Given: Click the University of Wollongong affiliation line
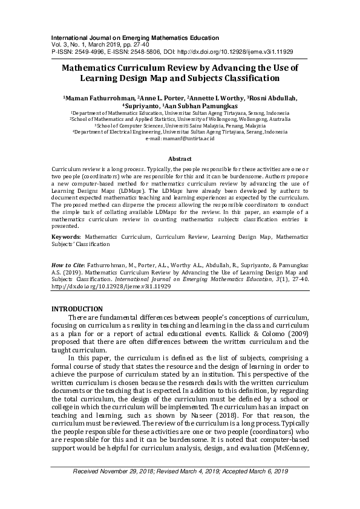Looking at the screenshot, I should tap(180, 120).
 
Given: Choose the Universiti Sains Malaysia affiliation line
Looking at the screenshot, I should tap(180, 126).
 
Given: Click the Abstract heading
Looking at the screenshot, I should tap(180, 158).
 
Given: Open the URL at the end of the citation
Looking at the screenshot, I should tap(111, 287).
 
